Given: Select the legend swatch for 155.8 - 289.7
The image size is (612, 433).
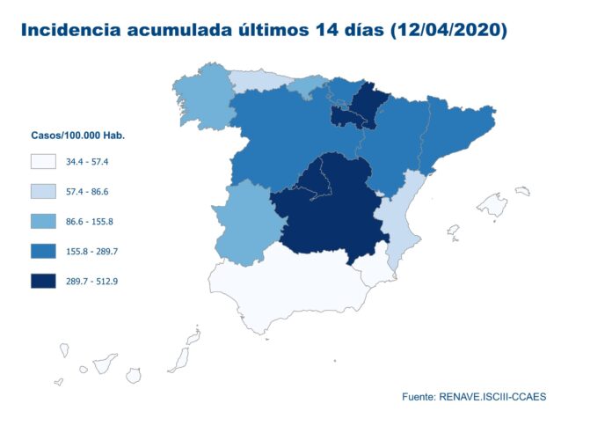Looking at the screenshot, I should click(x=43, y=252).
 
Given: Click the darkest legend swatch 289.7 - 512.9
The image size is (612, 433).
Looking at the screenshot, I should click(x=43, y=282).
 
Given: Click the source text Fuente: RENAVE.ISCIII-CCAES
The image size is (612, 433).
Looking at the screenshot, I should click(x=474, y=397).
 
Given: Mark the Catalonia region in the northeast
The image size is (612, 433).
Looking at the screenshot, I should click(x=457, y=132).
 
